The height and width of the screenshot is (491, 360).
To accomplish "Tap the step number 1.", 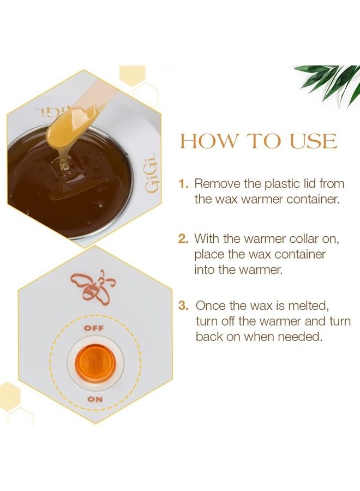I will [184, 184].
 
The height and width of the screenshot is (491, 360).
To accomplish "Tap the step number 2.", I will [184, 238].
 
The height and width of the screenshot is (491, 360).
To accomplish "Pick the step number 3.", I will [184, 306].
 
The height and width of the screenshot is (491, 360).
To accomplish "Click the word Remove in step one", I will [215, 184].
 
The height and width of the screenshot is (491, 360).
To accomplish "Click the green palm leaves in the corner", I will [331, 81].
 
